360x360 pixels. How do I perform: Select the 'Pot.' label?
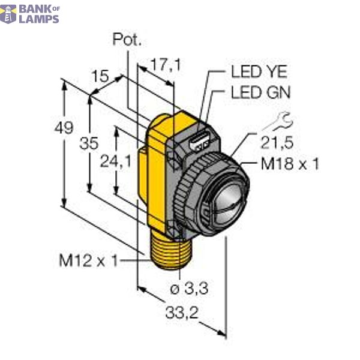(x=127, y=41)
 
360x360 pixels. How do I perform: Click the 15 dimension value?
(x=101, y=76)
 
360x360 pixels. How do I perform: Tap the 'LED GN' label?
(x=260, y=92)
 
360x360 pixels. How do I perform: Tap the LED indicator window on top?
(x=199, y=142)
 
